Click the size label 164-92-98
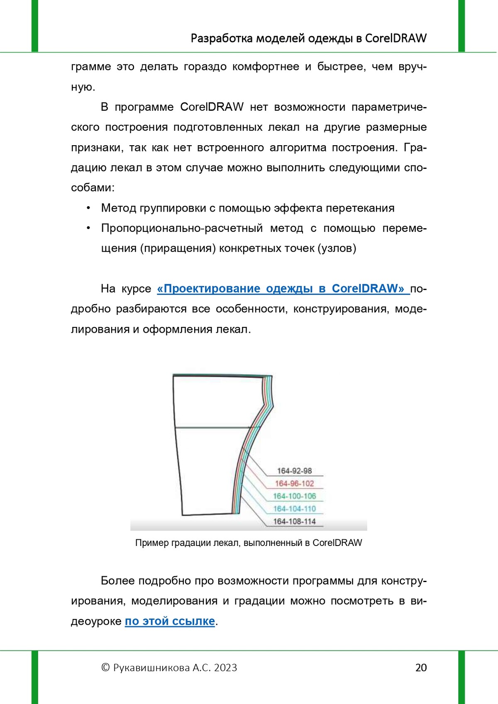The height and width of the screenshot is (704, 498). click(294, 471)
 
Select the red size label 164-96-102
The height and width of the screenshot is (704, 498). click(294, 483)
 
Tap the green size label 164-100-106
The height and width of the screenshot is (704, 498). click(294, 496)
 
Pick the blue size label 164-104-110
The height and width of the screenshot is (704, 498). click(294, 509)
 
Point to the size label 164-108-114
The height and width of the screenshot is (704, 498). click(294, 521)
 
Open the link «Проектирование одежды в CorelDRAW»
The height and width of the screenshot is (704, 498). click(281, 289)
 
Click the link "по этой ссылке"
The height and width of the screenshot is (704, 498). click(170, 621)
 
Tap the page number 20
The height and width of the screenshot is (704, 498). click(421, 667)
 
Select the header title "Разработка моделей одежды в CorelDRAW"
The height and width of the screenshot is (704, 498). click(308, 38)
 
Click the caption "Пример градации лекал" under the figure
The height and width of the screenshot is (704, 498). click(249, 543)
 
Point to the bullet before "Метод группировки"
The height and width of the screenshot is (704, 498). click(88, 208)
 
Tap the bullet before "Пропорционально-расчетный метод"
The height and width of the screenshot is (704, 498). click(88, 228)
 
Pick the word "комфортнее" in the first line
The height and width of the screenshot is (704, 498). click(266, 67)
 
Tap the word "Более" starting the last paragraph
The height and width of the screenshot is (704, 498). click(117, 581)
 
